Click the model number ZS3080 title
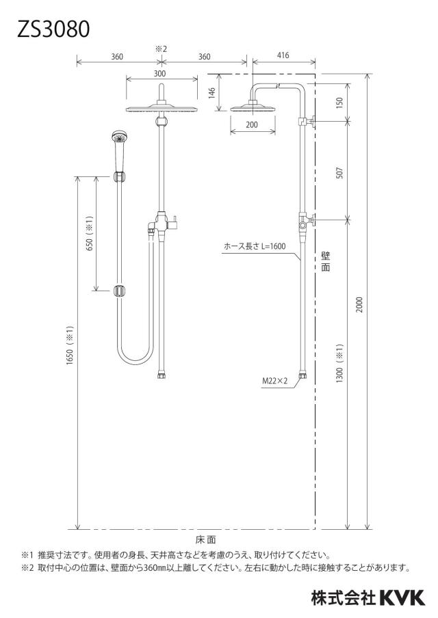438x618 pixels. (x=53, y=29)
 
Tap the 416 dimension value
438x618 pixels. (x=283, y=55)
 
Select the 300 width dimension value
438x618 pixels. (x=160, y=73)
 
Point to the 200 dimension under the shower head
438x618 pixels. (x=252, y=124)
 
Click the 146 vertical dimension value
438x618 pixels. (x=212, y=94)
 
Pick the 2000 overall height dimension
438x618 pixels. (x=359, y=305)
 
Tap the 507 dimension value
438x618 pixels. (x=339, y=173)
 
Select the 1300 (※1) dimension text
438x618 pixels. (x=339, y=363)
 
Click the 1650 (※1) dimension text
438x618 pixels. (x=70, y=345)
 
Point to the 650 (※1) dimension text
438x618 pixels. (x=90, y=233)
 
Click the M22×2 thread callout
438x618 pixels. (x=275, y=381)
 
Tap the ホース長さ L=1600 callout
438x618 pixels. (x=255, y=246)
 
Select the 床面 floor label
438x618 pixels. (x=205, y=539)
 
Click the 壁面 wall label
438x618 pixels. (x=326, y=261)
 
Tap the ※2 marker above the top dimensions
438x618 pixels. (x=161, y=49)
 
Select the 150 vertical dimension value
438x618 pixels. (x=339, y=102)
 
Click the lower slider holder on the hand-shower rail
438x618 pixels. (x=119, y=291)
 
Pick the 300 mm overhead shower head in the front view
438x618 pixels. (x=162, y=109)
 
